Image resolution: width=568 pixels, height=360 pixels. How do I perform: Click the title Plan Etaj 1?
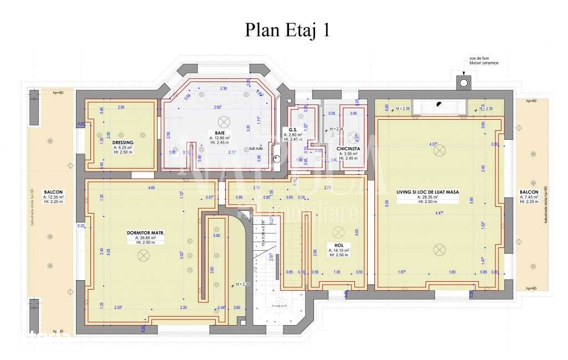[287, 30]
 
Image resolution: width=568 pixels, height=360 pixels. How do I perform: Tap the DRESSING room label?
[122, 143]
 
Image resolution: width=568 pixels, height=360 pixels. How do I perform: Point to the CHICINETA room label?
[350, 149]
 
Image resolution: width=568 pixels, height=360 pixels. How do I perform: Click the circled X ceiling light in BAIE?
[224, 121]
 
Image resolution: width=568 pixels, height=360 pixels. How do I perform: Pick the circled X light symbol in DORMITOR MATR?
[144, 255]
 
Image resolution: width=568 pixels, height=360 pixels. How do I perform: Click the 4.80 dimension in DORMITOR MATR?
[151, 188]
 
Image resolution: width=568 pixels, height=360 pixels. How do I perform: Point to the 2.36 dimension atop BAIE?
[224, 88]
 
